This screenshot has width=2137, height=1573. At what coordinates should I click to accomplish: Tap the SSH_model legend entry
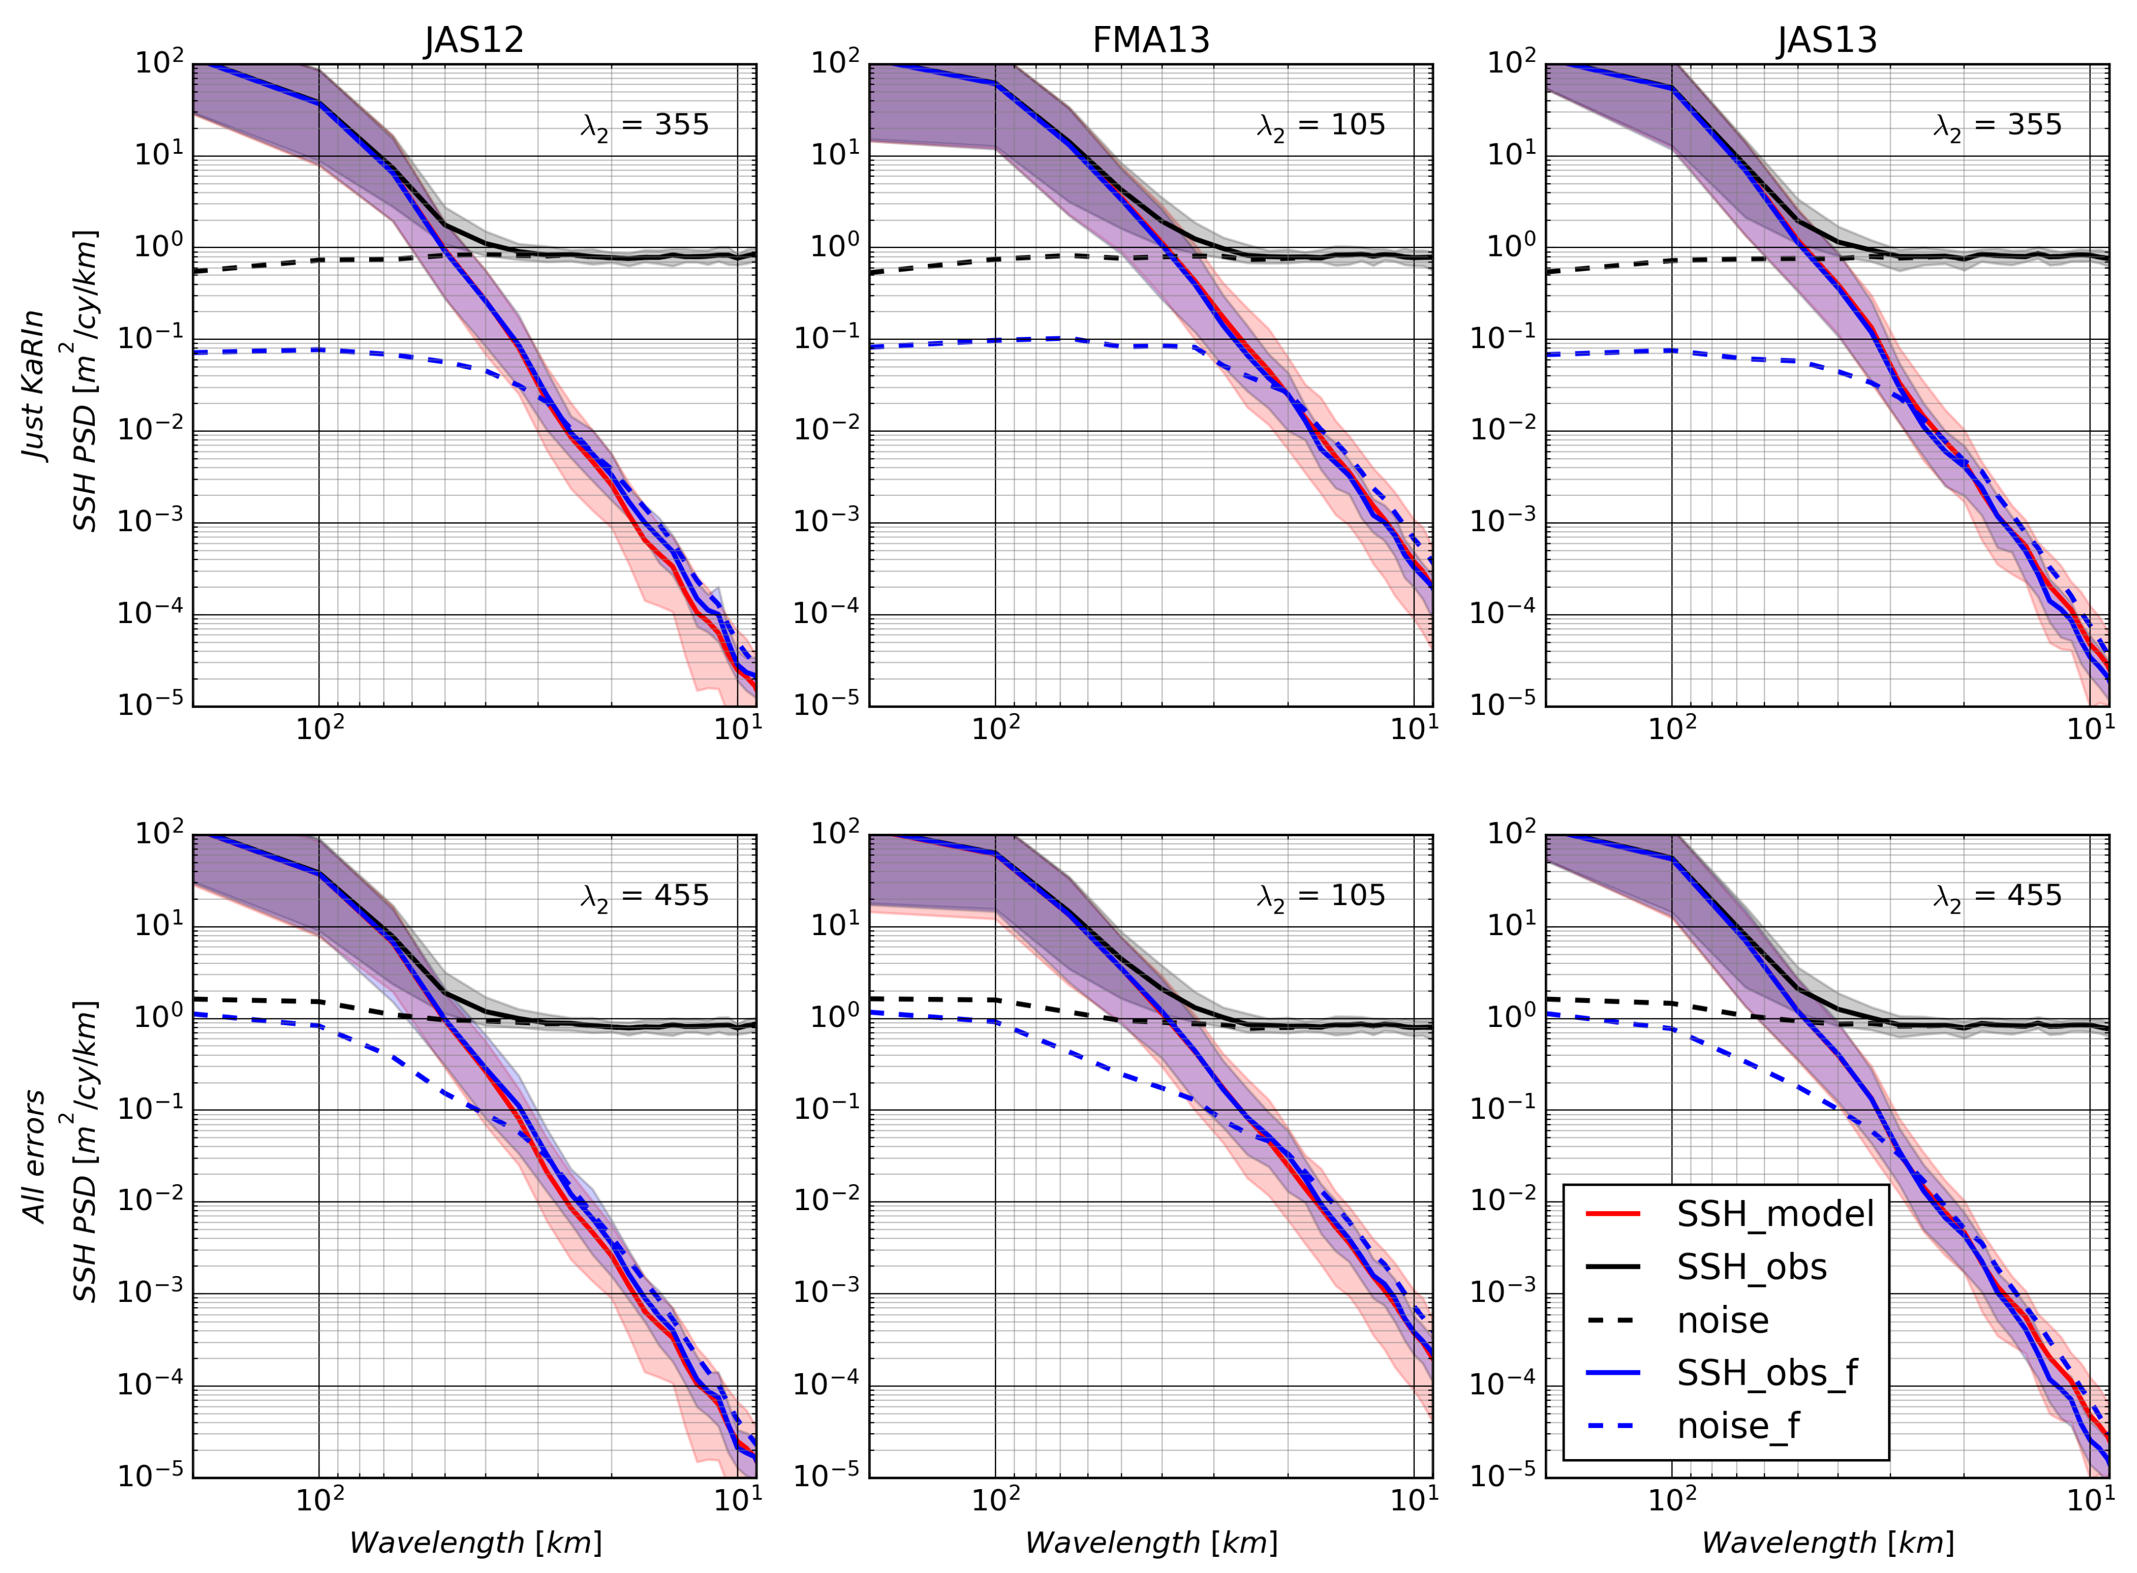click(1774, 1214)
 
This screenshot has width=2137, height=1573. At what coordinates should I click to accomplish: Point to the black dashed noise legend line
click(1612, 1320)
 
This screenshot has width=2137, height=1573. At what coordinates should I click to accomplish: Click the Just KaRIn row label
click(34, 385)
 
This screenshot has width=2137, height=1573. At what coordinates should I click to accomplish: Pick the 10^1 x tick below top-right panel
click(2090, 729)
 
